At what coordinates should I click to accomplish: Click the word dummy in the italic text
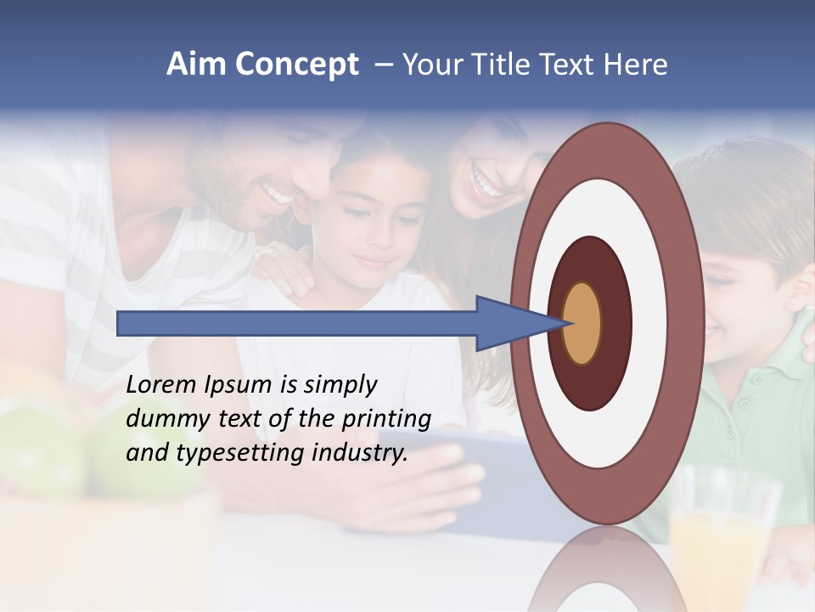[162, 418]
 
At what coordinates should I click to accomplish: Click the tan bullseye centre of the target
[582, 324]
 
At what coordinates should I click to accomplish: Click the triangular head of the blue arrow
[509, 324]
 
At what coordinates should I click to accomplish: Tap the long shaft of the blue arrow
[297, 324]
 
